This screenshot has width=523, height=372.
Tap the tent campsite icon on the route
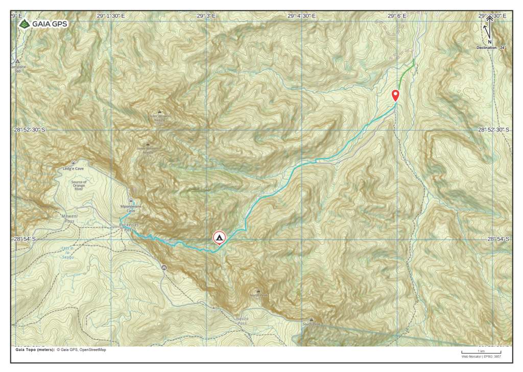(219, 237)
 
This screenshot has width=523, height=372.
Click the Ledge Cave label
(73, 168)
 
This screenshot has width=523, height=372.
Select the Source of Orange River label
(79, 184)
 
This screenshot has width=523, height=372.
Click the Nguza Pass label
(242, 320)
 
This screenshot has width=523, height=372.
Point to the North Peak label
(259, 295)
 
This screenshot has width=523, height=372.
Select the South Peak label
(311, 324)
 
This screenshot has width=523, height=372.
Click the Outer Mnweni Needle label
(160, 117)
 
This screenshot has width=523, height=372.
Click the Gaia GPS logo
(43, 23)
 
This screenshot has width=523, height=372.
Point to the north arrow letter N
(489, 42)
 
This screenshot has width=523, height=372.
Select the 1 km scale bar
(481, 352)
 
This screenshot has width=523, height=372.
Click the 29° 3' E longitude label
(206, 16)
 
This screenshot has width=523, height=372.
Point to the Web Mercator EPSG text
(481, 357)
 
